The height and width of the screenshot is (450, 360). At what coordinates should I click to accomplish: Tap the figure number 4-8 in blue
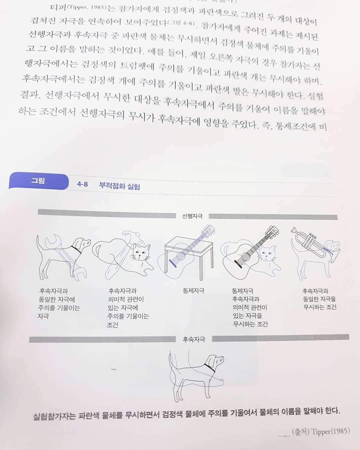click(x=82, y=184)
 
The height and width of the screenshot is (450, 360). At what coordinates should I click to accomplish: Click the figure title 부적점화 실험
click(x=119, y=186)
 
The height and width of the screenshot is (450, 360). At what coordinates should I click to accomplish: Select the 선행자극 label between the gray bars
click(x=192, y=216)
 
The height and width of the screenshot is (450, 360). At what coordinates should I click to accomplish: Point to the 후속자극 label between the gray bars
click(x=194, y=339)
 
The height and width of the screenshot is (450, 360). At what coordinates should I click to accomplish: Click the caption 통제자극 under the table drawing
click(x=193, y=291)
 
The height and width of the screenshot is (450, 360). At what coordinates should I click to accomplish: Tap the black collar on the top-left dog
click(x=76, y=250)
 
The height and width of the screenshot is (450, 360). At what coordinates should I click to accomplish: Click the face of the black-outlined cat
click(x=141, y=253)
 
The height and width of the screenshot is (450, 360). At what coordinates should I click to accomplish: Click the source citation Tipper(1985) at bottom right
click(x=331, y=431)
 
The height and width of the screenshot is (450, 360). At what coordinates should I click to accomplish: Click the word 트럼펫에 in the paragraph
click(x=137, y=66)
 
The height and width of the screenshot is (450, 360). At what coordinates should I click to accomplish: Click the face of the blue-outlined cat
click(x=268, y=254)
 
